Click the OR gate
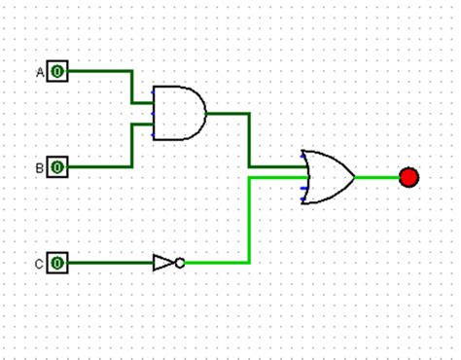point(328,177)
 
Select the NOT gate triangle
point(163,263)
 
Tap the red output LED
point(408,177)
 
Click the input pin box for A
point(57,71)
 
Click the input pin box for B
point(57,167)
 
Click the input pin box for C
point(57,263)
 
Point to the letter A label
point(41,71)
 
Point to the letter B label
point(41,167)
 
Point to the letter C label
point(41,263)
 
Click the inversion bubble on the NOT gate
point(180,263)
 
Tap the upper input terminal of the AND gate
point(154,100)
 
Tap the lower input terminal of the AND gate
point(154,125)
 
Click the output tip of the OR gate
point(354,177)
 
